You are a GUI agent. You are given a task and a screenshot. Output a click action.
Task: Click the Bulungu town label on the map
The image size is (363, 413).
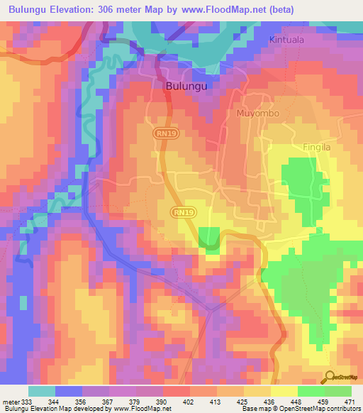(x=186, y=85)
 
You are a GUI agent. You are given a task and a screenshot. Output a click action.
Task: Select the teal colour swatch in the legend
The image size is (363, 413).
(x=42, y=391)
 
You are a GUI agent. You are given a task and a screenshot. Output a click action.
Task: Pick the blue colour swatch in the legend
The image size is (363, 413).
(x=69, y=391)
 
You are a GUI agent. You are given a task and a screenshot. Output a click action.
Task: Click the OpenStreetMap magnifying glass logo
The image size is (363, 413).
(x=330, y=377)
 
